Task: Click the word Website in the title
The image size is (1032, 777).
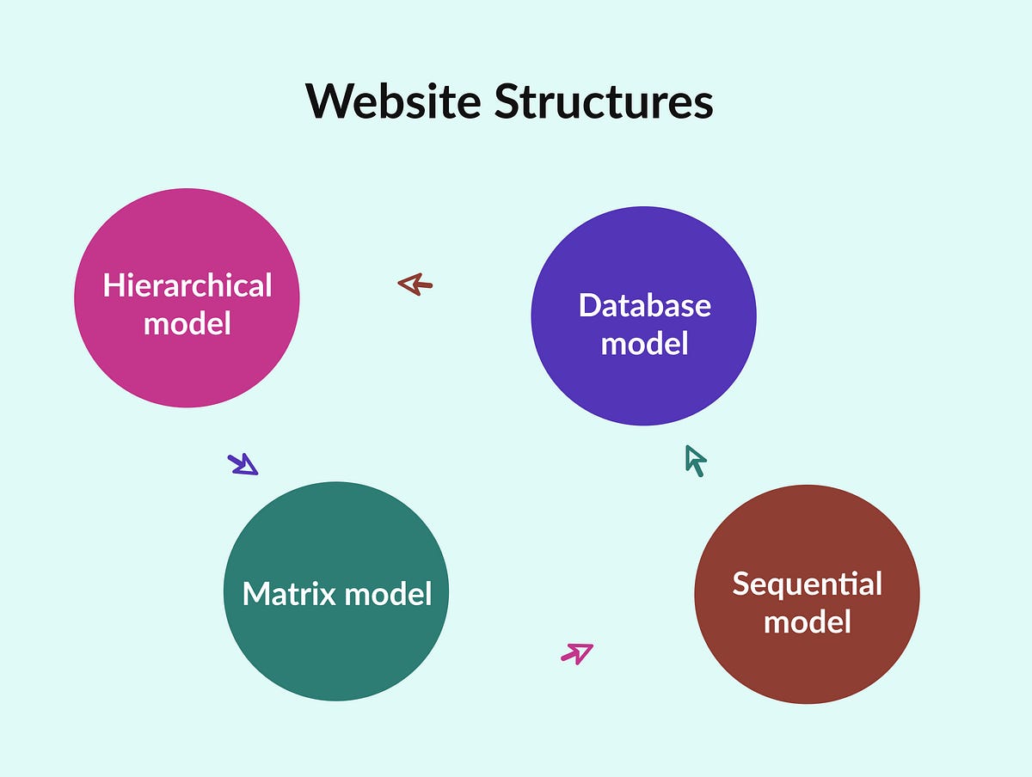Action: click(x=393, y=101)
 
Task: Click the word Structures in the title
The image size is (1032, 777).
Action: click(x=603, y=101)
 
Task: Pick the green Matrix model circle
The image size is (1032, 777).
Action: click(x=335, y=533)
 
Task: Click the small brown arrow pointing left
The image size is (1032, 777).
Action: click(x=415, y=284)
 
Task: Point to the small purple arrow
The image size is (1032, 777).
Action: click(x=243, y=465)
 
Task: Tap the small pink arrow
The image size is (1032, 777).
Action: click(x=577, y=653)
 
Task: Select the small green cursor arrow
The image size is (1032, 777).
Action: click(x=695, y=460)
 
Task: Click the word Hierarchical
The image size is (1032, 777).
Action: click(x=187, y=285)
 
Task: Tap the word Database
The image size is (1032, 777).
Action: click(x=644, y=305)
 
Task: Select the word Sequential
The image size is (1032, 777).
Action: click(x=807, y=584)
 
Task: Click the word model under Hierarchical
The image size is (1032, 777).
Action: click(x=187, y=323)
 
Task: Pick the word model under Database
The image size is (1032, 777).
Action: click(x=644, y=343)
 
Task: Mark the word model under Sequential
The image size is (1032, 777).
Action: click(x=807, y=621)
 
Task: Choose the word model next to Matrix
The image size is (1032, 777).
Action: click(x=388, y=593)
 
